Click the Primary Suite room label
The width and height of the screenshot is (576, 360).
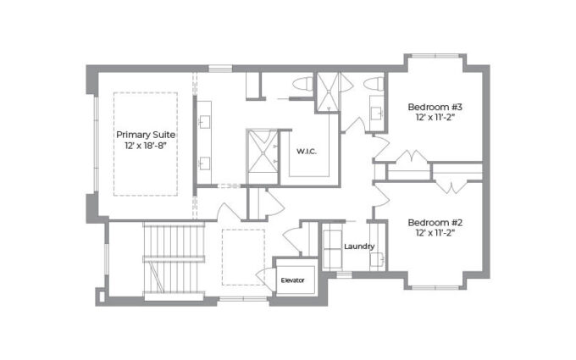coord(146,135)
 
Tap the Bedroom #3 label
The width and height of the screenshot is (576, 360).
coord(435,107)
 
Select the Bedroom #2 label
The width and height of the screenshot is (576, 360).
coord(435,223)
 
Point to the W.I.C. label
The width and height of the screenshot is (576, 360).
coord(307,152)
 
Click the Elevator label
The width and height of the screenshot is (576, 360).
coord(293,280)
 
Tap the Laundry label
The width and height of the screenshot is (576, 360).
coord(359,246)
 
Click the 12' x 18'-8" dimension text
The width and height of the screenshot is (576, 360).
coord(146,146)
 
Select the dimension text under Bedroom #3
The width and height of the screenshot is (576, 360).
coord(435,117)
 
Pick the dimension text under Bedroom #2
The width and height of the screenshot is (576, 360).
coord(435,233)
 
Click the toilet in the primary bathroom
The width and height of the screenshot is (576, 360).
coord(303,84)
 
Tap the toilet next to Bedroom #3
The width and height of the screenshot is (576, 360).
coord(374,83)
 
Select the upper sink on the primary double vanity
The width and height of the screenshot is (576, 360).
coord(204,122)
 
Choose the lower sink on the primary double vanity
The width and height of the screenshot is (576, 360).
coord(204,163)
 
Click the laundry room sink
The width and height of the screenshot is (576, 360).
coord(377,259)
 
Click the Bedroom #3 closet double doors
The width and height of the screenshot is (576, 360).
coord(411,156)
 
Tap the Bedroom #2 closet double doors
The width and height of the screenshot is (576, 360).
coord(451,186)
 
